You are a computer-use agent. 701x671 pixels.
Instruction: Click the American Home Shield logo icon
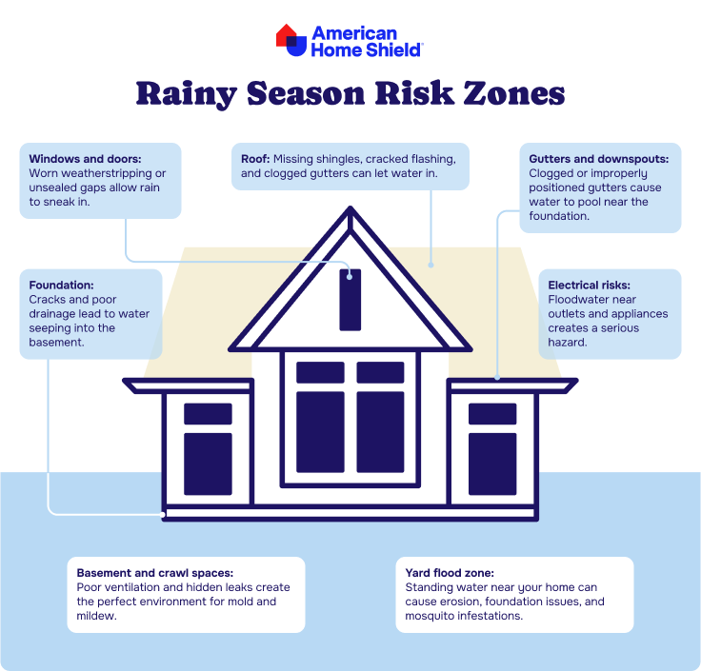(291, 40)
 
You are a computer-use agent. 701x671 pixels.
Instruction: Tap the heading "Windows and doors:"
(85, 159)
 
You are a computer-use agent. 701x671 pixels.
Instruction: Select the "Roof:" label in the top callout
(255, 159)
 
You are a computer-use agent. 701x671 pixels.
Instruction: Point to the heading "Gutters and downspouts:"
(599, 159)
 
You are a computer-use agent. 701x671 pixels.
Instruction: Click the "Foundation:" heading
(61, 285)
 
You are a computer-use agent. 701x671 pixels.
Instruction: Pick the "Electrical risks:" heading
(589, 285)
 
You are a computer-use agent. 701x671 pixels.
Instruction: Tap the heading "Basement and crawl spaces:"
(154, 573)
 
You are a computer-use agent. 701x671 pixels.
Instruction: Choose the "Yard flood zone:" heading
(450, 573)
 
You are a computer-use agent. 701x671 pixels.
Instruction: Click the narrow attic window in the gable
(350, 300)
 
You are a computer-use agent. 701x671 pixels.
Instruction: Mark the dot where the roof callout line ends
(431, 265)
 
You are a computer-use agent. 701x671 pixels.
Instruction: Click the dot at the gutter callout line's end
(497, 378)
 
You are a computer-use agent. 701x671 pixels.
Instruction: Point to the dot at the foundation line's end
(162, 515)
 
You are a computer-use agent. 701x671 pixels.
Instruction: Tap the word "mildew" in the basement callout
(95, 616)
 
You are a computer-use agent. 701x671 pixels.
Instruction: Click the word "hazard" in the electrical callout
(566, 343)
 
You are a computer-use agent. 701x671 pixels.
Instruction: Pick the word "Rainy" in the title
(187, 94)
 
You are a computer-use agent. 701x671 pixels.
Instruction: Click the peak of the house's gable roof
(350, 207)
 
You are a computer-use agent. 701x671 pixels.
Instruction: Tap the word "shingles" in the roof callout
(338, 160)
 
